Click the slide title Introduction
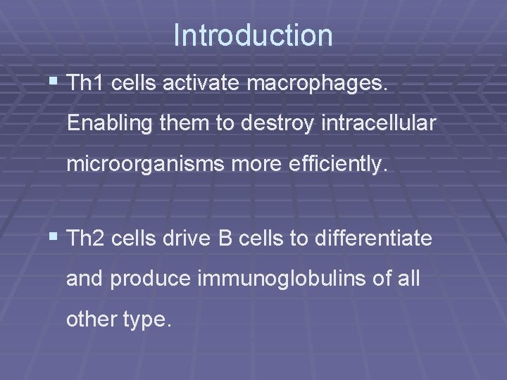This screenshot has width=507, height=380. point(253,35)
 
